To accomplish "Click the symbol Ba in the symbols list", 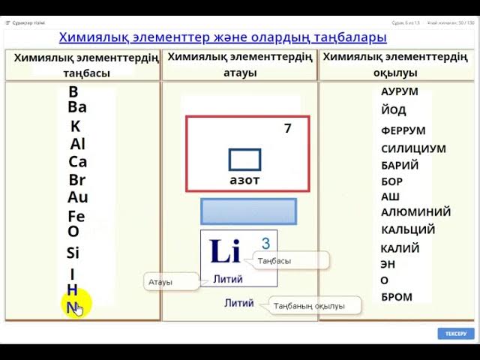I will (x=77, y=107).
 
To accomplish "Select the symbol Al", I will (x=78, y=144).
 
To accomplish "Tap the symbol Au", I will (x=78, y=198).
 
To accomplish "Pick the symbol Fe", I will (x=76, y=217).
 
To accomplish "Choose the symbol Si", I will (x=73, y=253).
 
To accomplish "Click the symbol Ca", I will (x=78, y=162).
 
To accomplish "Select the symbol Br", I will (x=77, y=180).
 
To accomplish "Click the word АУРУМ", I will (x=400, y=91).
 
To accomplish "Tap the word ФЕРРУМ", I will (x=403, y=130).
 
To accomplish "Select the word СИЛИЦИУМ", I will (x=413, y=148).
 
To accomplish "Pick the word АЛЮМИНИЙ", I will (x=415, y=212).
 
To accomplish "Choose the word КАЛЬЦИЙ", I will (x=408, y=230).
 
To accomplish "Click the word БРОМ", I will (x=397, y=297).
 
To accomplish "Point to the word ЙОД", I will (x=394, y=110).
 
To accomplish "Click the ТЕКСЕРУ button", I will (x=456, y=333).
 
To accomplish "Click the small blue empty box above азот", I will (x=244, y=160).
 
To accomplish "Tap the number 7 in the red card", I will (x=287, y=128).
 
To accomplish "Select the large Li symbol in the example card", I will (x=225, y=252).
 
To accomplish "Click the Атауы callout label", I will (x=160, y=282).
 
